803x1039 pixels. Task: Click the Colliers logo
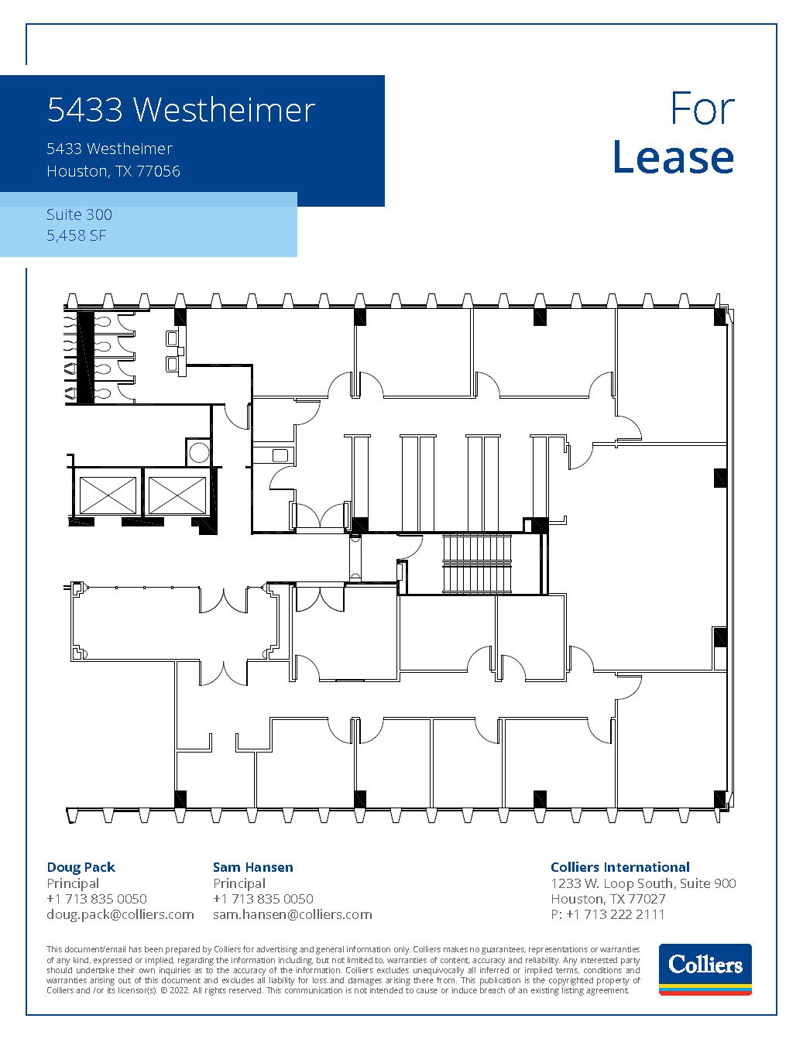pos(705,968)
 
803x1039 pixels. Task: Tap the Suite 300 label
pos(79,214)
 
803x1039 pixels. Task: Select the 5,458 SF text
pos(76,235)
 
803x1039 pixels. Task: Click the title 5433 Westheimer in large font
pos(181,110)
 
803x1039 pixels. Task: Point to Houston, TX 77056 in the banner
pos(113,171)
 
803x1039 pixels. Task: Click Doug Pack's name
pos(81,867)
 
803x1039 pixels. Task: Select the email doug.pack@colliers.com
pos(120,914)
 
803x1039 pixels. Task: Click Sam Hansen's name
pos(252,867)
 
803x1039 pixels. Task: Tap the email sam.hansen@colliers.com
pos(292,914)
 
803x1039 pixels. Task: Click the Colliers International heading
pos(619,867)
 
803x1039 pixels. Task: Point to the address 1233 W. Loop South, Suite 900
pos(643,883)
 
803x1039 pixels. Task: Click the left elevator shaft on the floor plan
pos(108,495)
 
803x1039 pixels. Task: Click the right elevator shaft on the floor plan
pos(177,495)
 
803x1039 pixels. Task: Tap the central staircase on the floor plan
pos(478,563)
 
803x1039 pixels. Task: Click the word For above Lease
pos(702,108)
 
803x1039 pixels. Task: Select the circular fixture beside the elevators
pos(198,451)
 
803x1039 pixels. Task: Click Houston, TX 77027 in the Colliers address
pos(608,899)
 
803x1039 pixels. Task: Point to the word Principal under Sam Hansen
pos(239,883)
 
